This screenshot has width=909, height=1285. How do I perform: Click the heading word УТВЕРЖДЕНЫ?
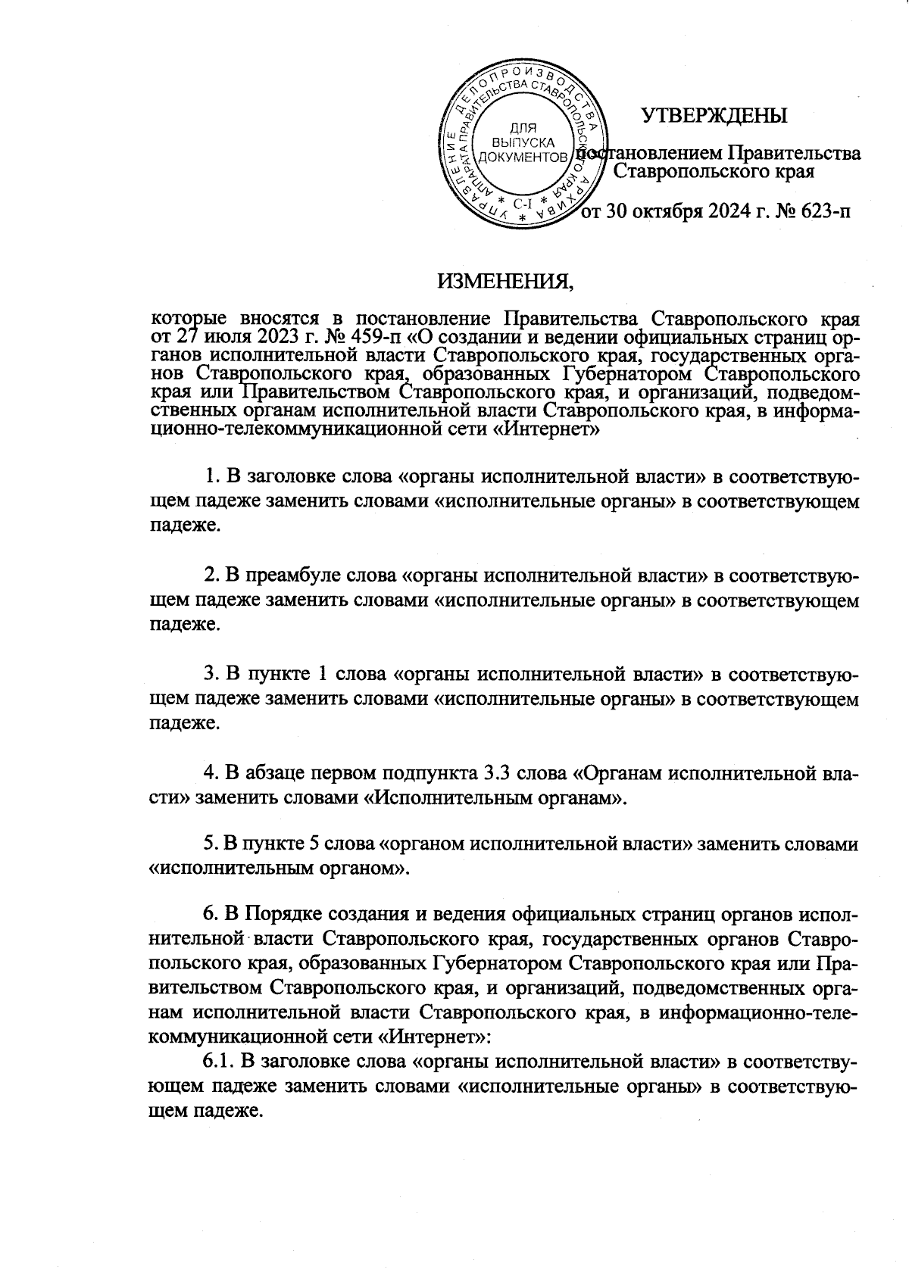714,116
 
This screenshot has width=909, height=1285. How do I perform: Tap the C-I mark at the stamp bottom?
523,204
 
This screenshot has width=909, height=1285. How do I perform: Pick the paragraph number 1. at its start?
212,477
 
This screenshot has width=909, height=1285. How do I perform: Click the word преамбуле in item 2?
295,575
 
